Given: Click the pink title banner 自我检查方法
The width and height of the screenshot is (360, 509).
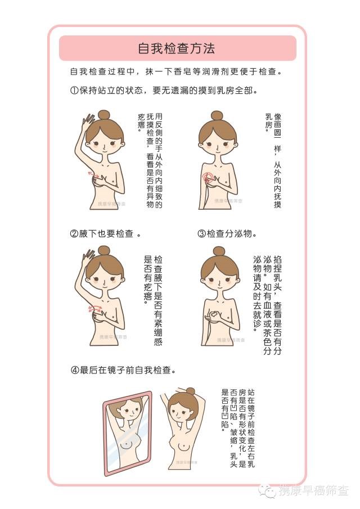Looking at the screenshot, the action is click(177, 48).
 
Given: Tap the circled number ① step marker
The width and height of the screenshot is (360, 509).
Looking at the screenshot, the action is click(74, 90).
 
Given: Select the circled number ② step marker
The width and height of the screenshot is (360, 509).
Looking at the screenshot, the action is click(74, 233).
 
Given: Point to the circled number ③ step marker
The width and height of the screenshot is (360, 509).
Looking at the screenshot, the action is click(201, 233).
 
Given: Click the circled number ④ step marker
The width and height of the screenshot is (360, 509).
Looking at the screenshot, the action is click(75, 370).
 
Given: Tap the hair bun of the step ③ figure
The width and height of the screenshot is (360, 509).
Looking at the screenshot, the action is click(219, 251).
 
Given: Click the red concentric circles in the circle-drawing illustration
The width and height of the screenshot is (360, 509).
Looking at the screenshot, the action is click(208, 177).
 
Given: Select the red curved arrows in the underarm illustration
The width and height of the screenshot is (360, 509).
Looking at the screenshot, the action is click(95, 308).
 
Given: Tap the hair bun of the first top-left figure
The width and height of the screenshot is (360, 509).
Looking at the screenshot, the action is click(104, 115).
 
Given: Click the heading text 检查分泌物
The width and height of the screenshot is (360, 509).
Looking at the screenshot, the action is click(229, 233).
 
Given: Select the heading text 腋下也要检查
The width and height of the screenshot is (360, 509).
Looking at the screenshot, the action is click(106, 233).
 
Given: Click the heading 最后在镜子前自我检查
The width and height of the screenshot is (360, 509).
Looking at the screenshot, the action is click(125, 370).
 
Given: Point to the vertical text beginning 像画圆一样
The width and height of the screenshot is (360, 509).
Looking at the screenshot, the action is click(273, 160).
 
